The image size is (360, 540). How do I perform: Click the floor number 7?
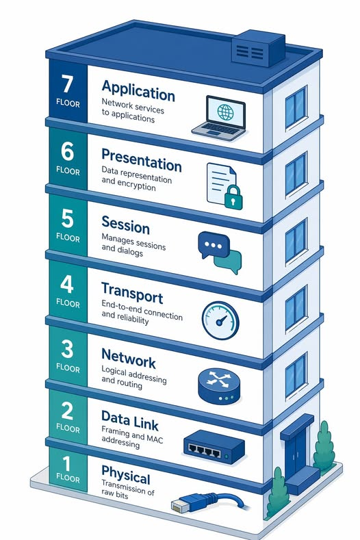(67, 86)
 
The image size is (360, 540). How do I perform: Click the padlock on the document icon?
(233, 198)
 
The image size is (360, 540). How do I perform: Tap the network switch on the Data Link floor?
(214, 448)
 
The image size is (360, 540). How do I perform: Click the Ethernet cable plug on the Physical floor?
(179, 507)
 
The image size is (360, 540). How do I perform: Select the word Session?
(125, 223)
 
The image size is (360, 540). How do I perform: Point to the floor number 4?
(67, 283)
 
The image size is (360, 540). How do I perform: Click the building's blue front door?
(296, 455)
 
